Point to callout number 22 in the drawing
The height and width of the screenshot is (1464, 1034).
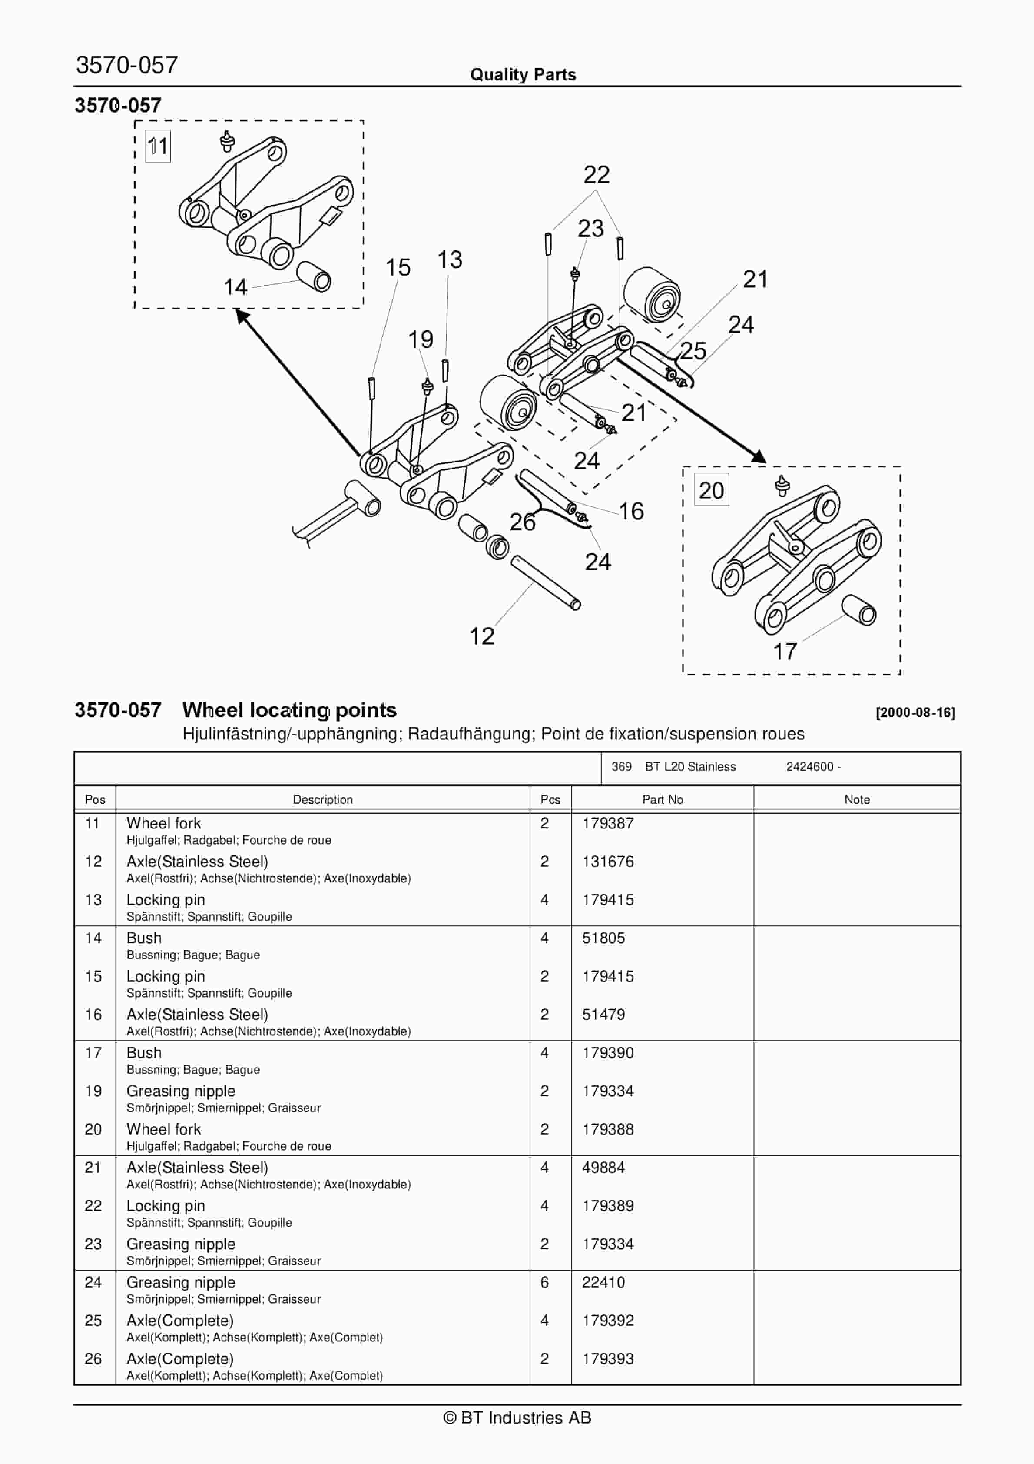coord(596,175)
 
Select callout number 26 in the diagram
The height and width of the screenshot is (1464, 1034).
coord(522,522)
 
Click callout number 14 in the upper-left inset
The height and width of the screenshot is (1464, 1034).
coord(235,287)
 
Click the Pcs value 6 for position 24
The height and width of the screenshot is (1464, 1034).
coord(544,1282)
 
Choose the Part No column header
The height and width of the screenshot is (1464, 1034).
coord(663,799)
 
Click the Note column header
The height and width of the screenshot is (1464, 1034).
coord(857,799)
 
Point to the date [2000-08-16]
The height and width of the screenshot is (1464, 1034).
coord(915,713)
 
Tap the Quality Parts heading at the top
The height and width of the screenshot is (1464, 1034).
coord(523,75)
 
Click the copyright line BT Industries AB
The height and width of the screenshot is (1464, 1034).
coord(517,1417)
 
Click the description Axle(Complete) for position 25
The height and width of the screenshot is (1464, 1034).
coord(180,1321)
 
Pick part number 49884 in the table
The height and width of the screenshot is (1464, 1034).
coord(603,1168)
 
